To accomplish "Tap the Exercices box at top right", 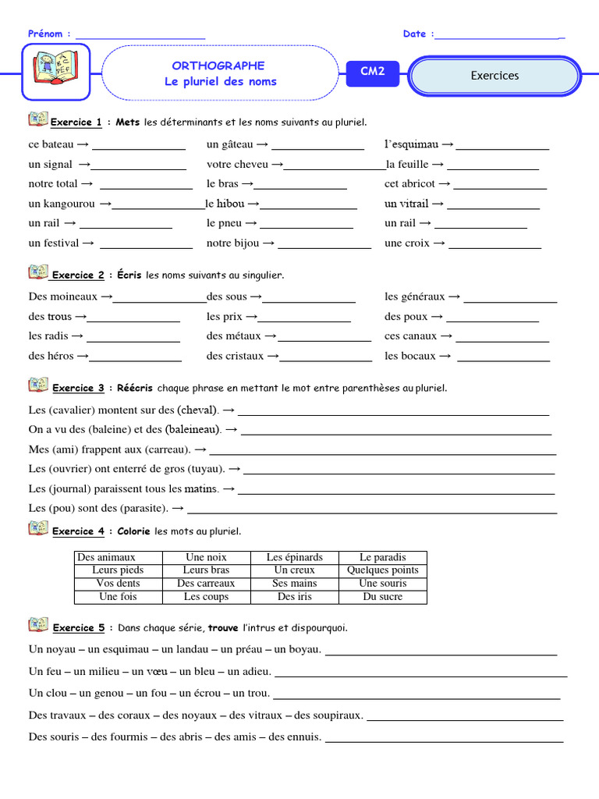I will [494, 76].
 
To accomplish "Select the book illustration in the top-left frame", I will [55, 72].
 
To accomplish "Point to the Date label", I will [415, 34].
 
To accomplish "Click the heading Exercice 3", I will [78, 388].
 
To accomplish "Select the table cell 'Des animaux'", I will [107, 557].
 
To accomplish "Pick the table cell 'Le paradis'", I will [382, 557].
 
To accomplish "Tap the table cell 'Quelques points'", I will [382, 570].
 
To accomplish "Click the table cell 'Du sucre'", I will [382, 597].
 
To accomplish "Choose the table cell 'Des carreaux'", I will [206, 584].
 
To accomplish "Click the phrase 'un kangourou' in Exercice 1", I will [62, 204].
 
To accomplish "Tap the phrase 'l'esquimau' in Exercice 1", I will [412, 144].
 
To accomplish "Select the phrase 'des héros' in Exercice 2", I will [51, 356].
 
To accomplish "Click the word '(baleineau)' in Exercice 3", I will [193, 429].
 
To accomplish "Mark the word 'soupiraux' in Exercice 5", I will [338, 715].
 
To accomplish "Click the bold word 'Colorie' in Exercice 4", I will [133, 531].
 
